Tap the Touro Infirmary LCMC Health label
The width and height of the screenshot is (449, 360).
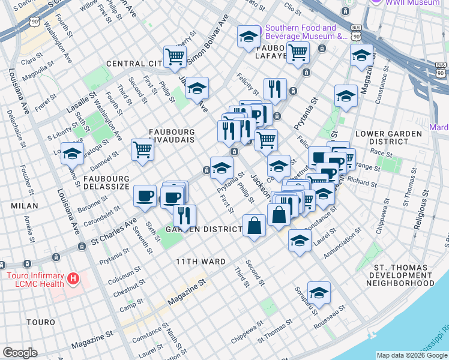click(34, 280)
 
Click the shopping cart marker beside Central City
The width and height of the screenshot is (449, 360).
click(175, 57)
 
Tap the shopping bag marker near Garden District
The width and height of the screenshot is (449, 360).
click(255, 226)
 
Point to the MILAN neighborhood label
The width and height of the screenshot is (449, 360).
click(24, 206)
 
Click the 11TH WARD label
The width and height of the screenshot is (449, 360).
click(200, 262)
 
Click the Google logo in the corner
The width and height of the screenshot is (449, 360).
click(20, 353)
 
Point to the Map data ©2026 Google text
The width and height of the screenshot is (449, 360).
click(411, 355)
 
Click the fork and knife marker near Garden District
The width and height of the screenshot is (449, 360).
click(185, 215)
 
